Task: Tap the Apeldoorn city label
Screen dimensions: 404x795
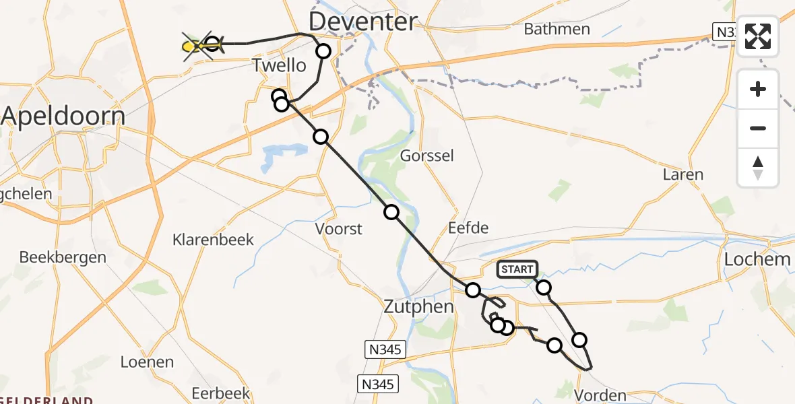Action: coord(63,116)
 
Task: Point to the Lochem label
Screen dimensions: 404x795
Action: coord(757,259)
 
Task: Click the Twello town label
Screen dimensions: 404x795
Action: coord(278,66)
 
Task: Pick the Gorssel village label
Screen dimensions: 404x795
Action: coord(427,156)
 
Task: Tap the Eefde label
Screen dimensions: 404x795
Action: coord(468,228)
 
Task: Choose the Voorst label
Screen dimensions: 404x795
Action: coord(339,229)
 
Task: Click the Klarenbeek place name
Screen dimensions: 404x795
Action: coord(213,240)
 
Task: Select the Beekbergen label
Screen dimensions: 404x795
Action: coord(63,257)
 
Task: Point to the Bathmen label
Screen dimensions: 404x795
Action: coord(556,29)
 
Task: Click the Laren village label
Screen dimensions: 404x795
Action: coord(682,174)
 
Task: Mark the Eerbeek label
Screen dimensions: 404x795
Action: coord(220,393)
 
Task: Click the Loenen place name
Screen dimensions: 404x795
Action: coord(146,362)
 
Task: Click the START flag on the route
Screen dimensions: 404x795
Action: coord(517,269)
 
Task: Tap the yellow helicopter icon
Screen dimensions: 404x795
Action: coord(195,46)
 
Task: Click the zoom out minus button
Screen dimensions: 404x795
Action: coord(758,129)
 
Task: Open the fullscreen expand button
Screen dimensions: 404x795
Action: coord(758,36)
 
